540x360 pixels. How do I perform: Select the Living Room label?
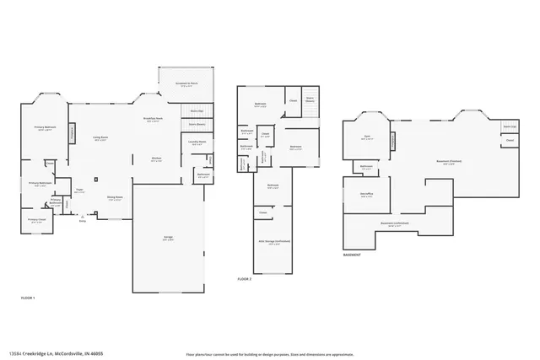click(x=100, y=137)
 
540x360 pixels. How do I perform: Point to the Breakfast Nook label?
click(x=154, y=119)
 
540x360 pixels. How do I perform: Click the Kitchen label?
click(x=156, y=159)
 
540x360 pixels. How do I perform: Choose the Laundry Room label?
click(x=197, y=142)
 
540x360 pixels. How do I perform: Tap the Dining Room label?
click(x=115, y=197)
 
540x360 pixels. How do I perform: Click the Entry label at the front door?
click(x=82, y=221)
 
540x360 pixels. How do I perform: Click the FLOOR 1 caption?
click(x=29, y=298)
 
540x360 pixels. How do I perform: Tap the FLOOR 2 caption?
click(x=245, y=277)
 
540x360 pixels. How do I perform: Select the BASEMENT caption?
click(x=353, y=254)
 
